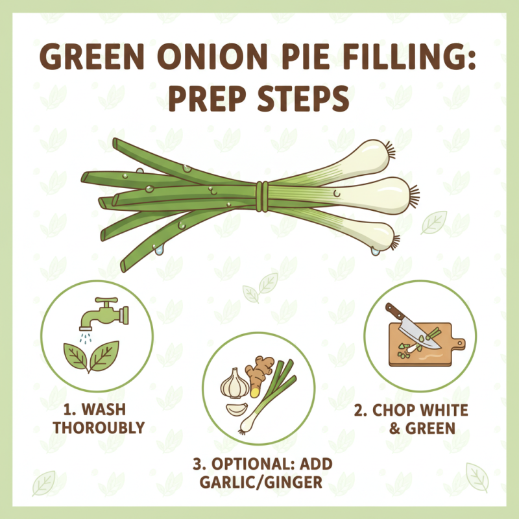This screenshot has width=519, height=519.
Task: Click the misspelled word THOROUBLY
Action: click(99, 428)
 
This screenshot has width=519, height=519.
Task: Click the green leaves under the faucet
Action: click(91, 356)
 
